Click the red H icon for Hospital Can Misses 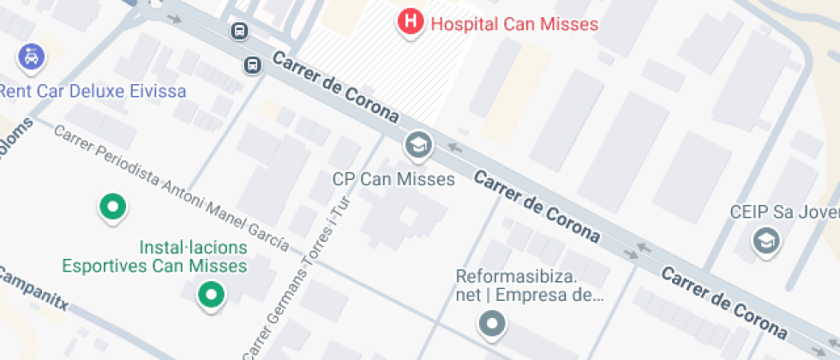(411, 22)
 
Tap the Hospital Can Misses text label (514, 23)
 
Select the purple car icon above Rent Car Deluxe (31, 58)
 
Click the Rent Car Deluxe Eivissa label (93, 91)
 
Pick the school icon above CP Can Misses (418, 147)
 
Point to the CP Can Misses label (393, 179)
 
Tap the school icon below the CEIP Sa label (766, 243)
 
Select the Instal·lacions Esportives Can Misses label (154, 256)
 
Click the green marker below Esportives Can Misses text (209, 296)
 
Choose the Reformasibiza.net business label (530, 286)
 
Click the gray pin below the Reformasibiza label (492, 324)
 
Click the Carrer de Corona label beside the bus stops (336, 87)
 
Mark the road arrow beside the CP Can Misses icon (455, 148)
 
